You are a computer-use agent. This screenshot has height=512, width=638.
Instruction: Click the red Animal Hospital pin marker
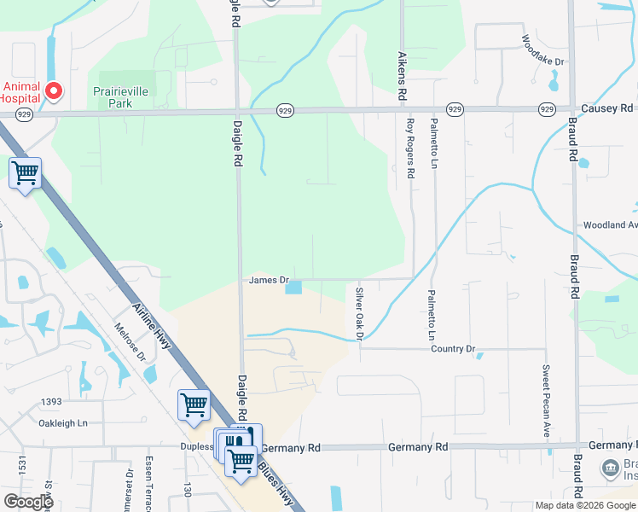coord(54,90)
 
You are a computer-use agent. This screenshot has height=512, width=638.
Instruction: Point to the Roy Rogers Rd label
coord(410,148)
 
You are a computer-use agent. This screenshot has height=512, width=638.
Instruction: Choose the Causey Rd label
coord(607,108)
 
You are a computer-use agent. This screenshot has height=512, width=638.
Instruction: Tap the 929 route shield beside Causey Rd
coord(547,109)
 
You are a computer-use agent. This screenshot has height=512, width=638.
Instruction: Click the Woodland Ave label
coord(610,225)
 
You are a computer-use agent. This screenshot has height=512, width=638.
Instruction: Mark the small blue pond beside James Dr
coord(293,288)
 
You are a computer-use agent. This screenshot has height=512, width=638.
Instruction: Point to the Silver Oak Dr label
coord(359,313)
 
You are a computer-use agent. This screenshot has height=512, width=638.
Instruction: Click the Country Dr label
coord(452,349)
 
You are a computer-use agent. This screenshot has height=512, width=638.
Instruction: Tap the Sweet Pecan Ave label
coord(545,401)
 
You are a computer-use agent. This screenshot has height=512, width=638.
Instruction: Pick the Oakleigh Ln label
coord(65,422)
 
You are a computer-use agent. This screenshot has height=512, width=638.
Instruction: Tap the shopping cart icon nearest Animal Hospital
coord(26,173)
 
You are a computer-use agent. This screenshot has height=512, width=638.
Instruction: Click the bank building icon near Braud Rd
coord(610,468)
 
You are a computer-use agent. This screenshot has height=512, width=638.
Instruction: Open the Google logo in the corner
coord(28,501)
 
